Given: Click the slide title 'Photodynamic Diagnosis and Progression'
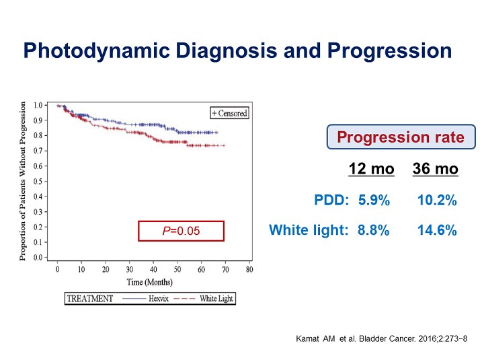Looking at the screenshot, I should (237, 51).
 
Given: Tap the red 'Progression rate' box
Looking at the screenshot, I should (401, 137).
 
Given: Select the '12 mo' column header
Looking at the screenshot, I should (371, 169).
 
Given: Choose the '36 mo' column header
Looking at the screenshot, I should (435, 169).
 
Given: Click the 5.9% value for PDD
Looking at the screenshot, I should (374, 200).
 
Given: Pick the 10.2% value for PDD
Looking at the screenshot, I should (437, 200).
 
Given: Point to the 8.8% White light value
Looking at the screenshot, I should (374, 230).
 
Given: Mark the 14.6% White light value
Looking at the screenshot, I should (437, 230).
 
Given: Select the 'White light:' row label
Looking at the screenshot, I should (309, 230).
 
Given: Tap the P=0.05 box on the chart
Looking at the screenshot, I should (181, 231).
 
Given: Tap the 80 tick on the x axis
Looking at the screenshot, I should (249, 269).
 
